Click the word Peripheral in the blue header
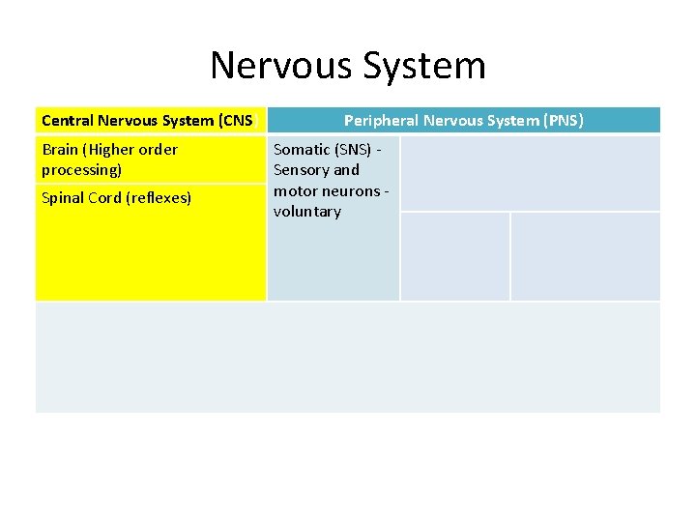point(381,121)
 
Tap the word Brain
point(61,150)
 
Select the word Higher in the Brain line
point(111,150)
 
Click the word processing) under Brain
point(81,170)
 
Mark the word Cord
point(107,198)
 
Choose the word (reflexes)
point(159,198)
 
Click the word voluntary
point(307,212)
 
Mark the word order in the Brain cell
point(159,150)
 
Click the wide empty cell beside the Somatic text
point(530,173)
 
